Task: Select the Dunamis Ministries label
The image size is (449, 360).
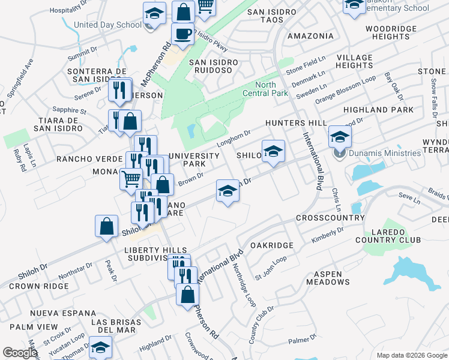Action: tap(378, 153)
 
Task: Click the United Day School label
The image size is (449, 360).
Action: tap(107, 25)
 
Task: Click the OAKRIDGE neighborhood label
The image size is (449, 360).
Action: tap(271, 245)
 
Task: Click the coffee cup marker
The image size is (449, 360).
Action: tap(182, 34)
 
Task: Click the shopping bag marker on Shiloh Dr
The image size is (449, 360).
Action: tap(106, 227)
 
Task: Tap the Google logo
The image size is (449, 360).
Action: tap(20, 353)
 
